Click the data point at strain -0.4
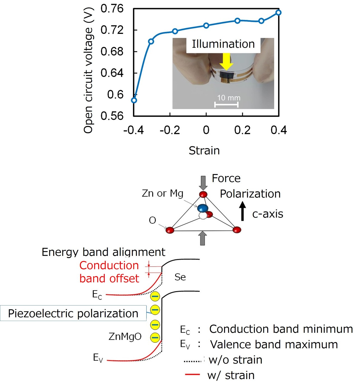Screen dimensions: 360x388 [x=134, y=100]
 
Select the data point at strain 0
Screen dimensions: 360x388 [x=206, y=26]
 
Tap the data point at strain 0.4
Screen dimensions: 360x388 [x=278, y=13]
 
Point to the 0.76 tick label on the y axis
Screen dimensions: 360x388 [x=112, y=9]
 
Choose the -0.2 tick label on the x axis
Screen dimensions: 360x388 [x=170, y=130]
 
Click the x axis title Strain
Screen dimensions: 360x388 [x=204, y=151]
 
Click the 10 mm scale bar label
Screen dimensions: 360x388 [x=229, y=98]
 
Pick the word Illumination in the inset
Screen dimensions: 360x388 [x=223, y=44]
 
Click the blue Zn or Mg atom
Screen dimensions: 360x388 [x=203, y=208]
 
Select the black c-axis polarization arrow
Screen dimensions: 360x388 [x=242, y=211]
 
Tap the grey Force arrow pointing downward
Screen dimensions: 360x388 [x=203, y=183]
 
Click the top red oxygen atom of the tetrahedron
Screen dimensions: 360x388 [x=203, y=194]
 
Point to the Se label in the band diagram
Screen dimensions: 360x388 [x=180, y=277]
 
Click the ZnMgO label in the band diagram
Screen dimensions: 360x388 [x=125, y=336]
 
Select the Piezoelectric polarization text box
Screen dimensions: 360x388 [x=73, y=313]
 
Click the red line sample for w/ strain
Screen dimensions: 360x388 [x=192, y=374]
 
